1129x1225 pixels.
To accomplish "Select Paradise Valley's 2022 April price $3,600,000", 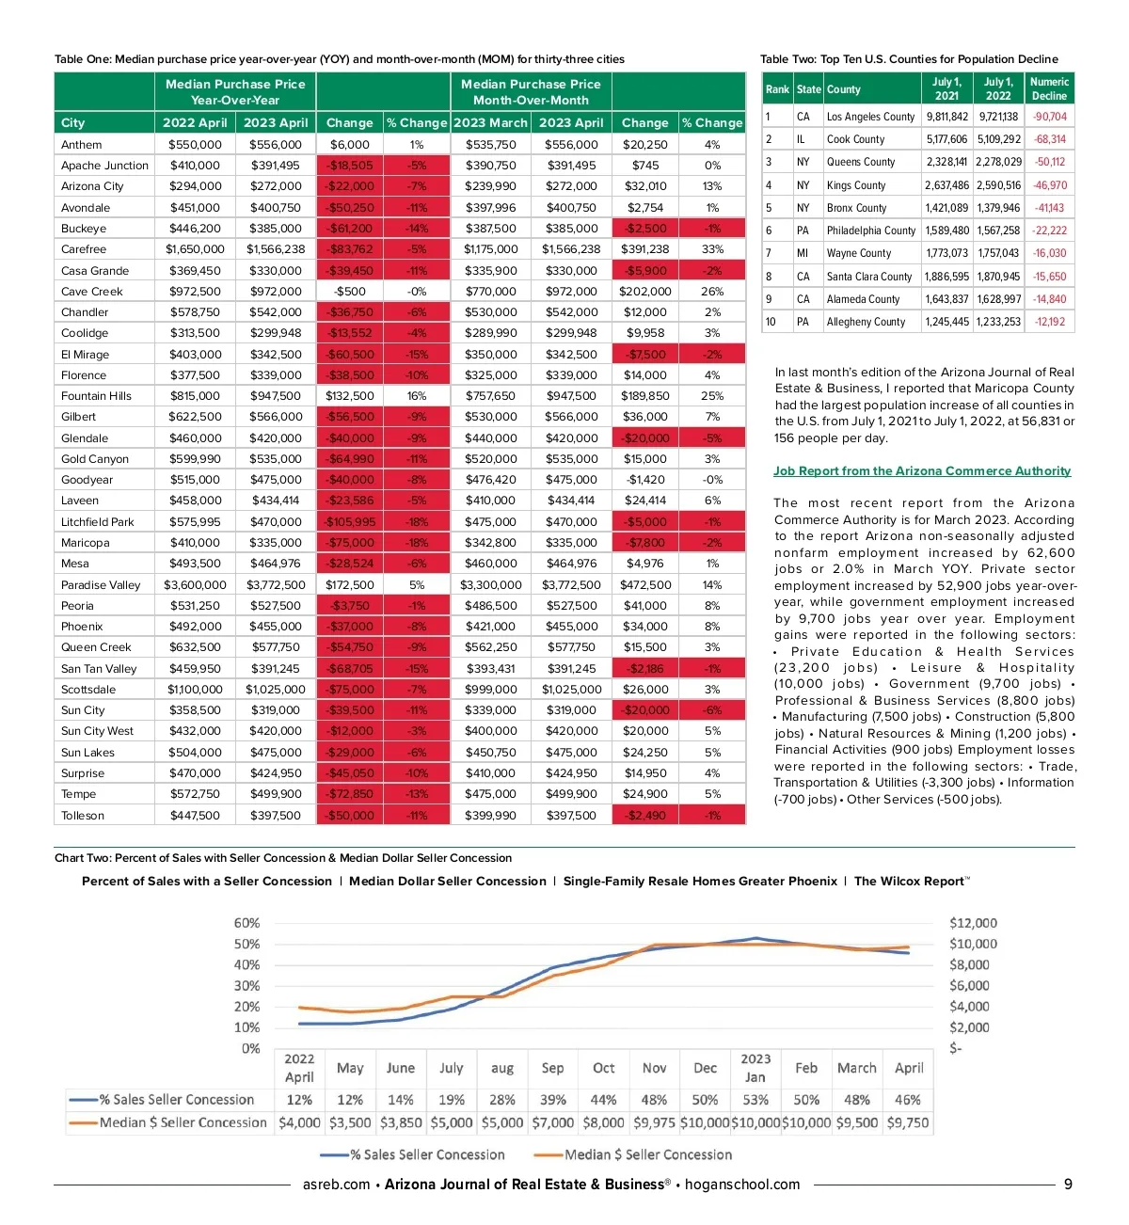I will (x=195, y=584).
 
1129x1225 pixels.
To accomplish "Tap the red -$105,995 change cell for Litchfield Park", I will (x=350, y=522).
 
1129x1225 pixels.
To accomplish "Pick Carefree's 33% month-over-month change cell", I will (x=712, y=249).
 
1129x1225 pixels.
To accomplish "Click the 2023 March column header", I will (x=490, y=122).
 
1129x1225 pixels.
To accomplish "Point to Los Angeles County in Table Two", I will (x=870, y=117).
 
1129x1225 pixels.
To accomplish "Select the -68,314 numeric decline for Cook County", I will (x=1050, y=139).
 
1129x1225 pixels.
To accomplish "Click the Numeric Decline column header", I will (x=1049, y=88).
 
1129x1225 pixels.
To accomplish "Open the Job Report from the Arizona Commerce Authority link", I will (x=922, y=471).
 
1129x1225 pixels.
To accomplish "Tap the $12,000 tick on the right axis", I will (x=973, y=923).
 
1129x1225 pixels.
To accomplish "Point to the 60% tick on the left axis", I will (x=246, y=923).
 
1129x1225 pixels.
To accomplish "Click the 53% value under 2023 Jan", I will (x=755, y=1100).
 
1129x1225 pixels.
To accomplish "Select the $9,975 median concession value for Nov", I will (x=654, y=1122).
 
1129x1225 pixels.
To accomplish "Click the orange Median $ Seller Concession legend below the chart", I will (x=635, y=1154).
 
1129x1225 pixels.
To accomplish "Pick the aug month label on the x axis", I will (x=502, y=1069).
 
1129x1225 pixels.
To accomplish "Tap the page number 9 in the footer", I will (x=1068, y=1185).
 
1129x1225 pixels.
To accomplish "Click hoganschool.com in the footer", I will (x=742, y=1185).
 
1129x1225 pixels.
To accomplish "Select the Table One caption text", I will (x=340, y=59).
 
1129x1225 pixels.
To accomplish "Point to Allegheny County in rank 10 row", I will (x=866, y=322).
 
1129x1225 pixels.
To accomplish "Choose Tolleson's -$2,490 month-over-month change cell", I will (x=645, y=816).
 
